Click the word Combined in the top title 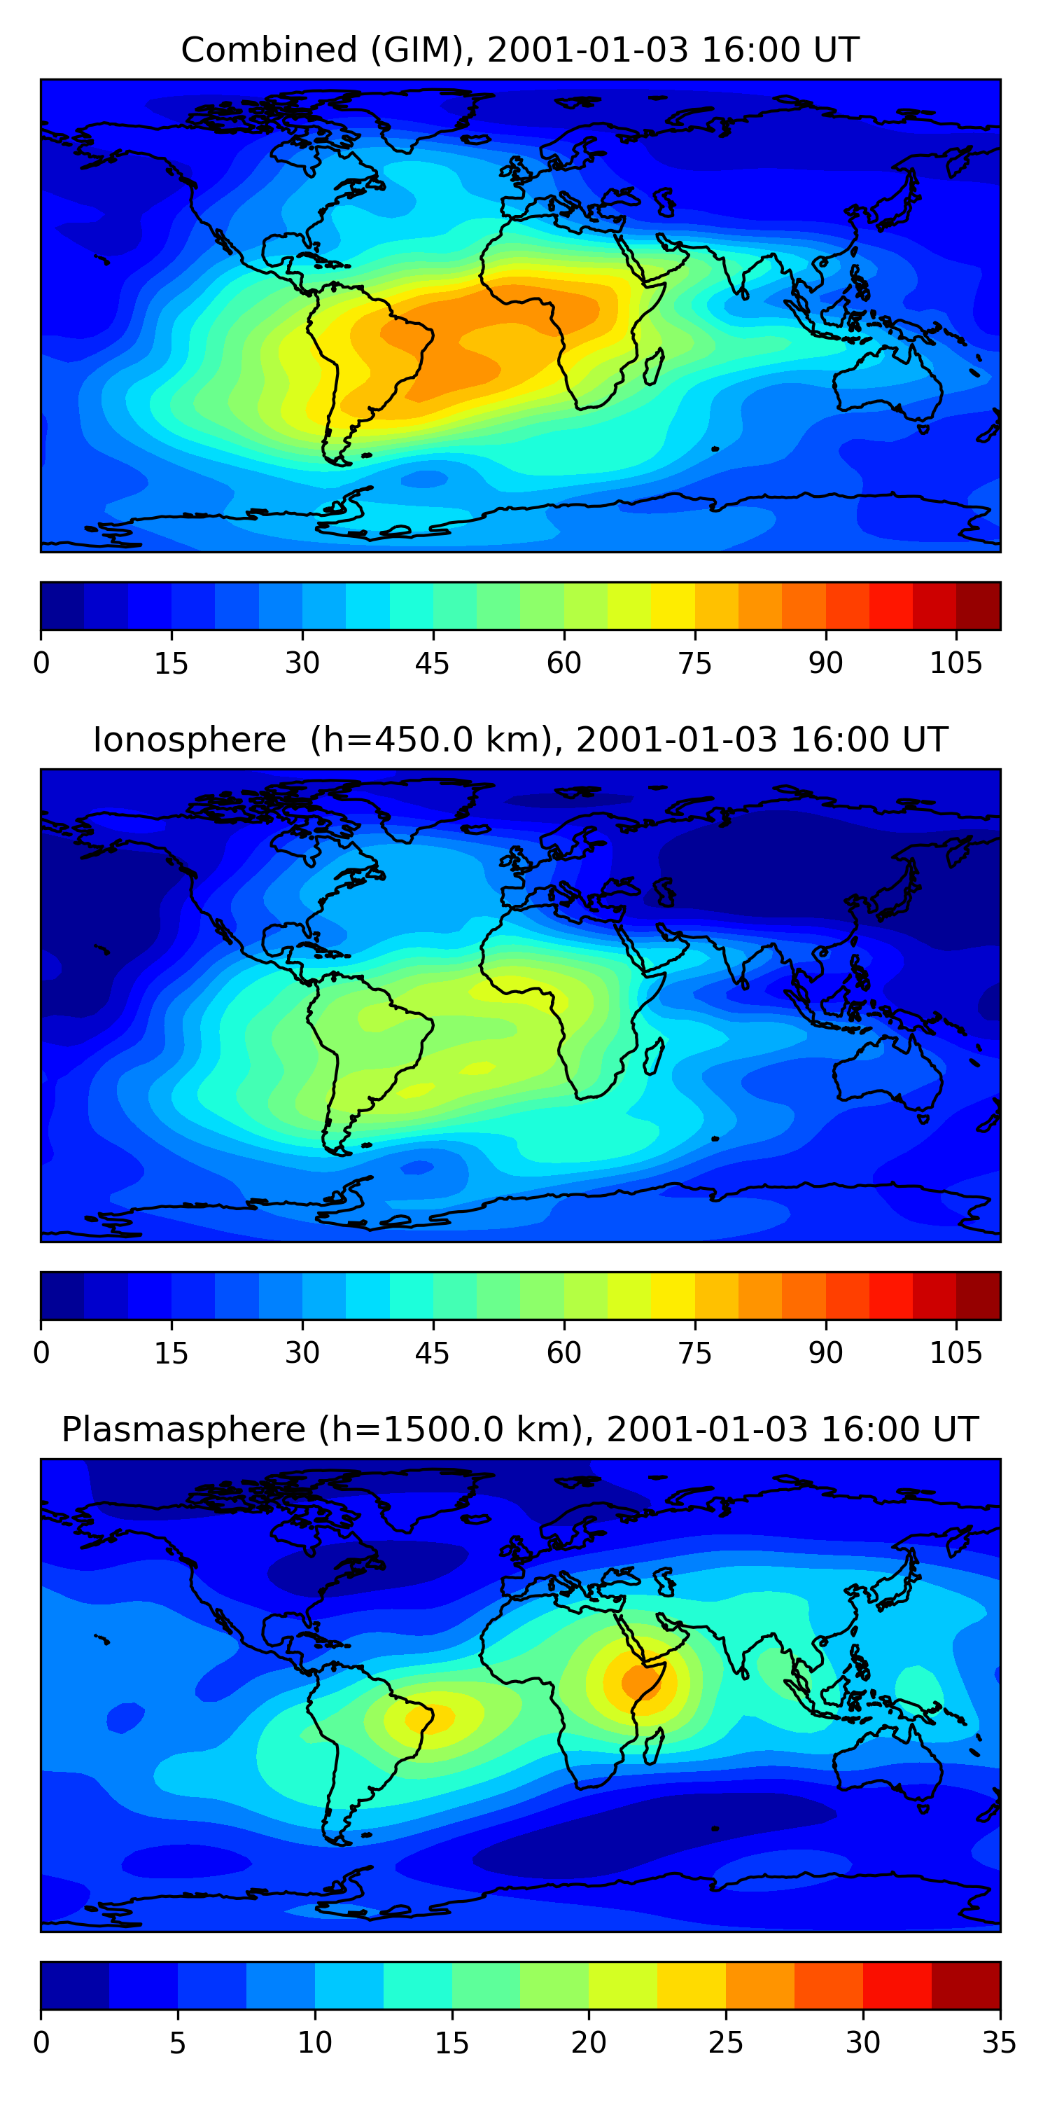[268, 50]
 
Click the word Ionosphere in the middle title [189, 740]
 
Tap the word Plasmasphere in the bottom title [183, 1430]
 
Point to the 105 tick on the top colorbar [955, 663]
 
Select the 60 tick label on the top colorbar [563, 663]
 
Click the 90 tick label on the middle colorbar [825, 1353]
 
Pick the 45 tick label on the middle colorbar [432, 1353]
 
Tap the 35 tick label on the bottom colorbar [999, 2043]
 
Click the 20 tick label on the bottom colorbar [588, 2043]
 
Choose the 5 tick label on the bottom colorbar [178, 2043]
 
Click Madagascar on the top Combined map [654, 368]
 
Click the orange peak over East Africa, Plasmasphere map [640, 1682]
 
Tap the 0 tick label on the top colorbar [41, 663]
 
